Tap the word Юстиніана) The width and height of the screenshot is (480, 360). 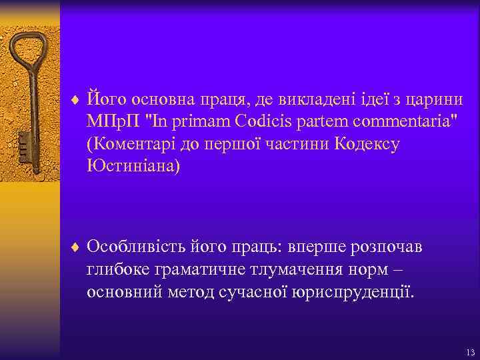coord(133,166)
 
